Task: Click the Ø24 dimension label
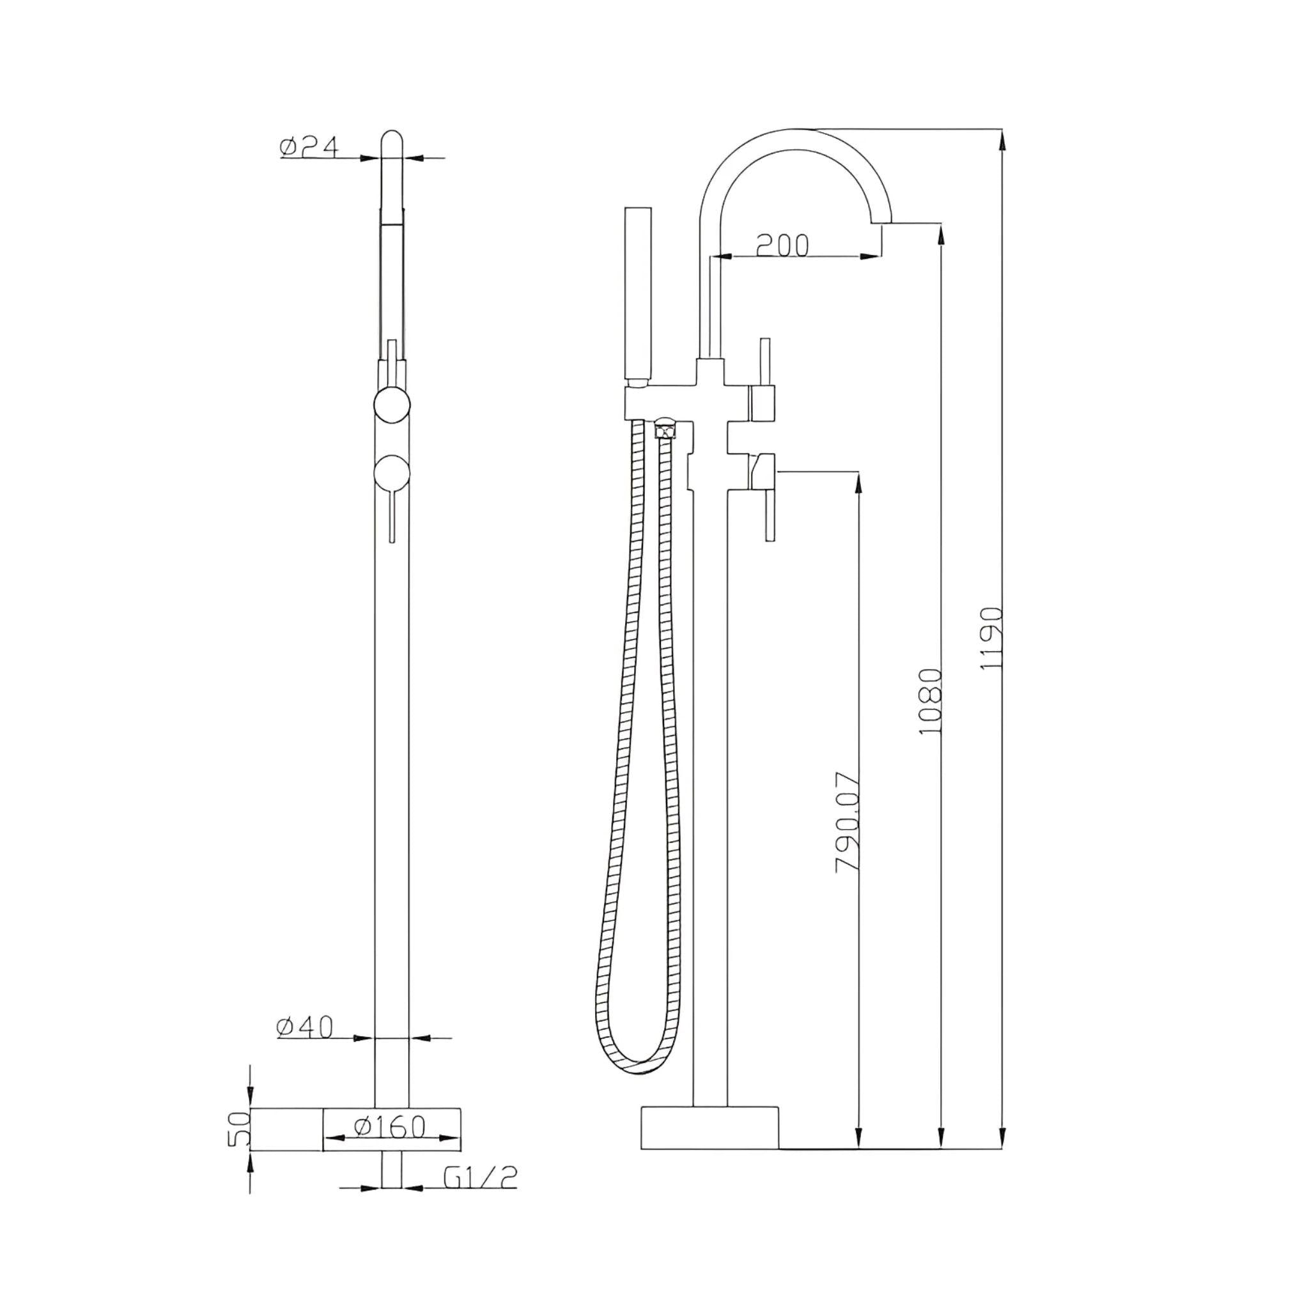pyautogui.click(x=308, y=146)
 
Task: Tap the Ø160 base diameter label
pyautogui.click(x=390, y=1127)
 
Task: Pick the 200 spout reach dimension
pyautogui.click(x=782, y=245)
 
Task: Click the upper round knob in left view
pyautogui.click(x=392, y=405)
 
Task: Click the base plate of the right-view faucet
pyautogui.click(x=709, y=1128)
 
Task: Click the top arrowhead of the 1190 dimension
pyautogui.click(x=1003, y=139)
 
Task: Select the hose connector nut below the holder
pyautogui.click(x=665, y=429)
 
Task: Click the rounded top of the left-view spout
pyautogui.click(x=392, y=139)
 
